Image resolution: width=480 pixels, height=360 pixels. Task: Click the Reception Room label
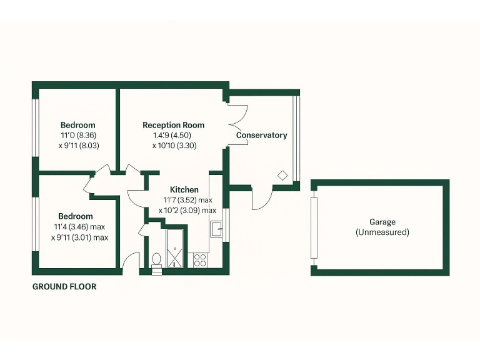click(x=173, y=125)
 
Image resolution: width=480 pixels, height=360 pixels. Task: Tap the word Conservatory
click(x=261, y=135)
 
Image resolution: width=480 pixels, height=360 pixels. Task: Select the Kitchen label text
click(x=184, y=189)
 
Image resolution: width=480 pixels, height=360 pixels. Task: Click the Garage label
click(x=382, y=222)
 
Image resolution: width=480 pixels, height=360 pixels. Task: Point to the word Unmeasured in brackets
click(x=382, y=232)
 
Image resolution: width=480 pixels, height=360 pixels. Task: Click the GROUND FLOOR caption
click(x=64, y=287)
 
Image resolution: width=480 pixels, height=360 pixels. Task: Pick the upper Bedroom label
click(x=78, y=124)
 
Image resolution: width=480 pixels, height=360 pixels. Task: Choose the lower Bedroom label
click(x=76, y=216)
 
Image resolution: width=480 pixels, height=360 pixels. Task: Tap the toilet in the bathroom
click(x=156, y=260)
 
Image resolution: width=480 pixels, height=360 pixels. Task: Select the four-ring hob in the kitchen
click(x=201, y=260)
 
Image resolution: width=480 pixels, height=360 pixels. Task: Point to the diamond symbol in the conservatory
click(x=282, y=176)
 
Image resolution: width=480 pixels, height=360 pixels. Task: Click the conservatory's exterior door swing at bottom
click(x=261, y=199)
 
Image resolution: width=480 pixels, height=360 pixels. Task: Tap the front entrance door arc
click(x=130, y=262)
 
